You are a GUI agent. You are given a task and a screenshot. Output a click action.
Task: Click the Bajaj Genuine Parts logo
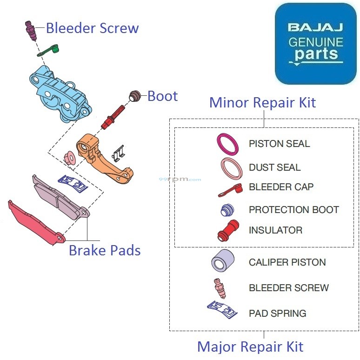(315, 43)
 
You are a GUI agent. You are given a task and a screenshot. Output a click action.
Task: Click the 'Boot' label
(162, 96)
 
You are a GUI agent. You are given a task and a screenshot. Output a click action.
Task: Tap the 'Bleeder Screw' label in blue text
(92, 28)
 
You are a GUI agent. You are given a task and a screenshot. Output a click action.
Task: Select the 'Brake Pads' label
(105, 250)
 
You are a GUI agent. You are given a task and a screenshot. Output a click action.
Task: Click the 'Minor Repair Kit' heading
(262, 102)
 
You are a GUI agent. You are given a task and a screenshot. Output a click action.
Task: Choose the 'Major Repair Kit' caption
(250, 347)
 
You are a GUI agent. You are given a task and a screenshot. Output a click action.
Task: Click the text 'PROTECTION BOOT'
(293, 210)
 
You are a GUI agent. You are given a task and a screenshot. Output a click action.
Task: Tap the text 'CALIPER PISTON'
(287, 262)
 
